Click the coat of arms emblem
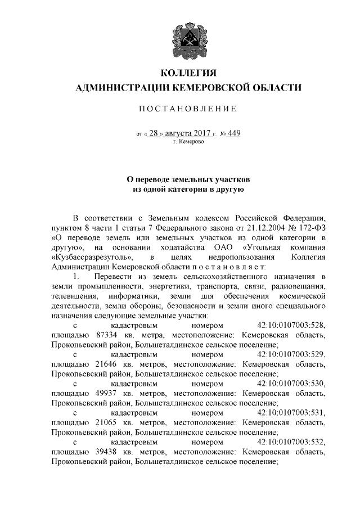[x=188, y=39]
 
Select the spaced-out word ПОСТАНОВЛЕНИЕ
[x=188, y=108]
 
